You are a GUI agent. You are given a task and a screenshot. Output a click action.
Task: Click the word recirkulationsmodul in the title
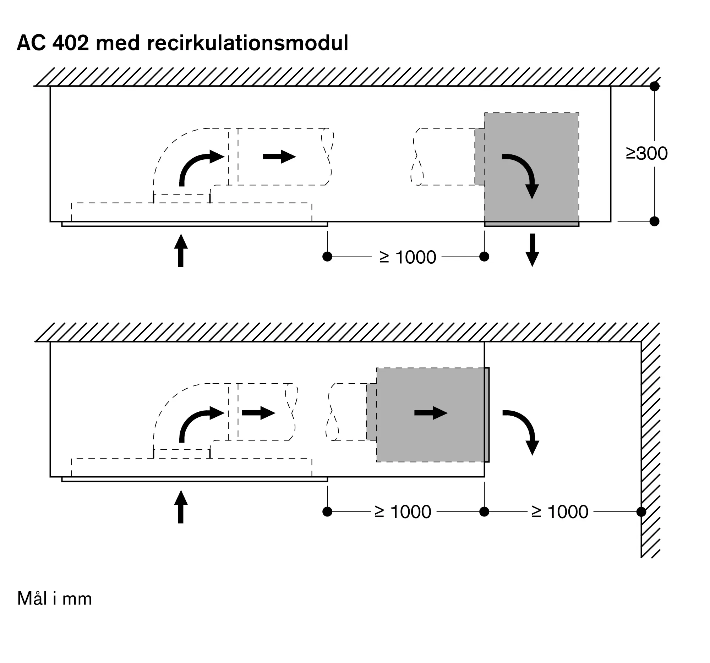247,43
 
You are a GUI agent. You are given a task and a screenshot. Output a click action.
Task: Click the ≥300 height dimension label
646,154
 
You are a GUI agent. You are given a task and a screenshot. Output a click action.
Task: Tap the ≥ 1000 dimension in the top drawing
408,257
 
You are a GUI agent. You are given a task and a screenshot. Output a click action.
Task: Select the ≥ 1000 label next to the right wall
559,512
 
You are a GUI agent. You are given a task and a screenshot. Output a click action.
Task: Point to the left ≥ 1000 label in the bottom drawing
403,512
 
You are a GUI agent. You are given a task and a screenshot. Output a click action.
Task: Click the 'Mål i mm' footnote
55,599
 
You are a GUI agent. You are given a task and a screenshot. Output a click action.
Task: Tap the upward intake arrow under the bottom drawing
181,506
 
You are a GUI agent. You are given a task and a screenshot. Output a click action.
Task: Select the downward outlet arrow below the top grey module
532,250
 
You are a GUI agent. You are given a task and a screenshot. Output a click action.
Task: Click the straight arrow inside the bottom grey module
431,413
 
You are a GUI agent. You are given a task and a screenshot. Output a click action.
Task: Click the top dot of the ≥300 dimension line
654,86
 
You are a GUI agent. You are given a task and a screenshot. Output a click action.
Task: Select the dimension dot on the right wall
641,511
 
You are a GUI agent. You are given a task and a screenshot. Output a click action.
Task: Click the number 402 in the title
70,43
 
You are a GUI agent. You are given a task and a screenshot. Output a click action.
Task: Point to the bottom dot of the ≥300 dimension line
654,221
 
